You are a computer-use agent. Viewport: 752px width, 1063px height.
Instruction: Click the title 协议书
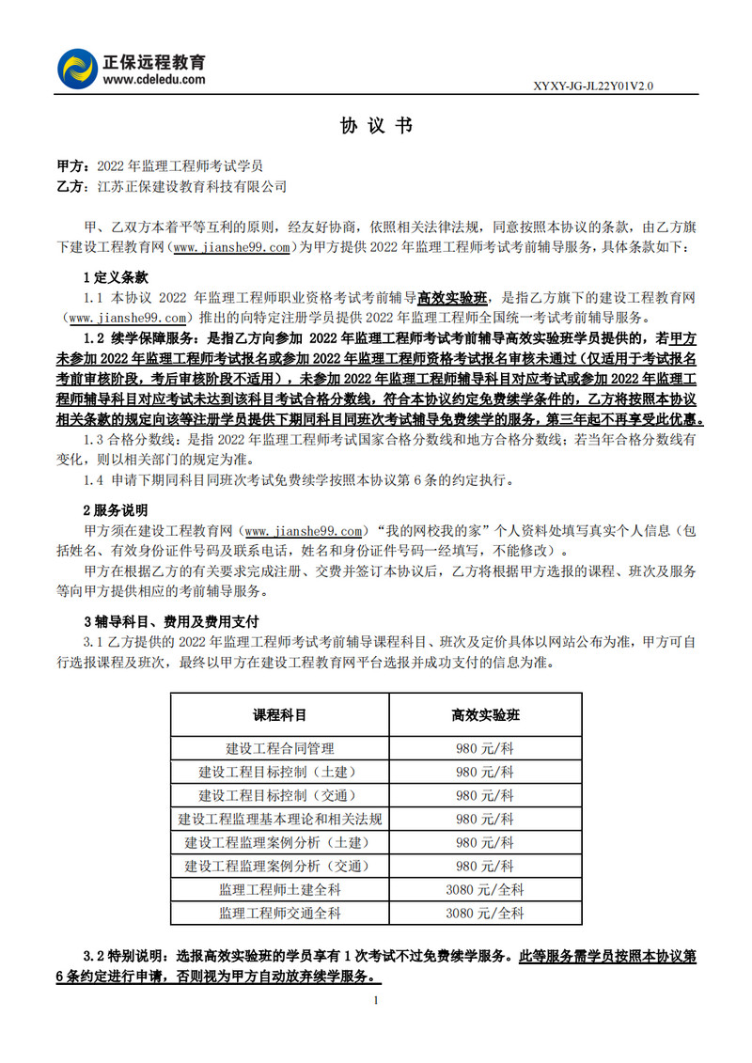[375, 126]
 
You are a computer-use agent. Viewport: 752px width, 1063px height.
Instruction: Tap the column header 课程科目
[280, 714]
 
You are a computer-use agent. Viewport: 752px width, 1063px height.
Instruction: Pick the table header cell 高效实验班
[485, 714]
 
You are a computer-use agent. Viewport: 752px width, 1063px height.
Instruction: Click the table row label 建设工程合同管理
[280, 749]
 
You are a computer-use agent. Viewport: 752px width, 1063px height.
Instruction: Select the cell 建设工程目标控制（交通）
[280, 795]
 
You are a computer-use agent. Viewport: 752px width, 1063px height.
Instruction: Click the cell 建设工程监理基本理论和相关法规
[280, 819]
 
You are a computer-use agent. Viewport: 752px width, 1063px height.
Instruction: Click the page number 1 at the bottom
[376, 1000]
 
